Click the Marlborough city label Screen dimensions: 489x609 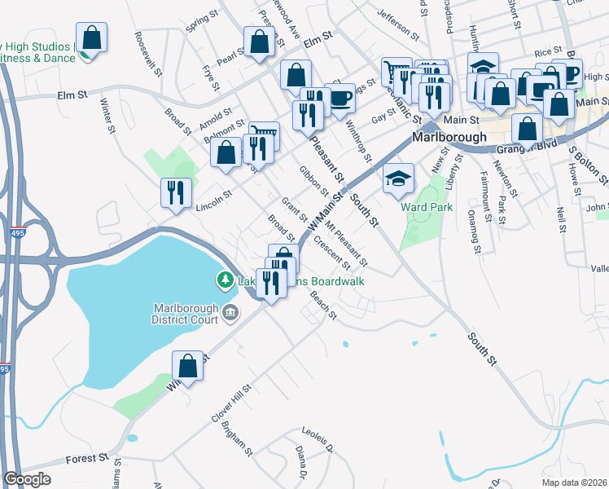coord(449,137)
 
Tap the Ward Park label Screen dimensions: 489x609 coord(427,207)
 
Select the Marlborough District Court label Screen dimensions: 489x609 coord(186,313)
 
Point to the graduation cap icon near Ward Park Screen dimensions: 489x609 coord(398,179)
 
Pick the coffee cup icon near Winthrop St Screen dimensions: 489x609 coord(340,98)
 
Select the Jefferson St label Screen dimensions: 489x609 coord(397,26)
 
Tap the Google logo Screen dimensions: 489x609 coord(27,478)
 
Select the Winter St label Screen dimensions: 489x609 coord(106,114)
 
